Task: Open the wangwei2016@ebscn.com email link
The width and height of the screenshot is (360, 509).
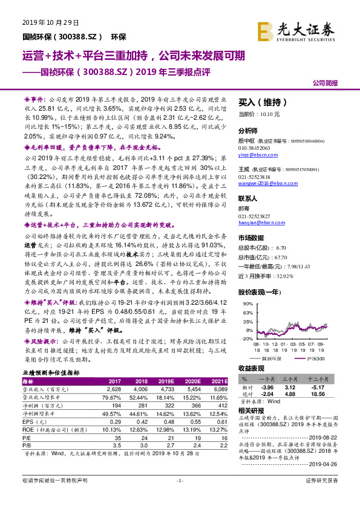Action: click(x=264, y=182)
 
